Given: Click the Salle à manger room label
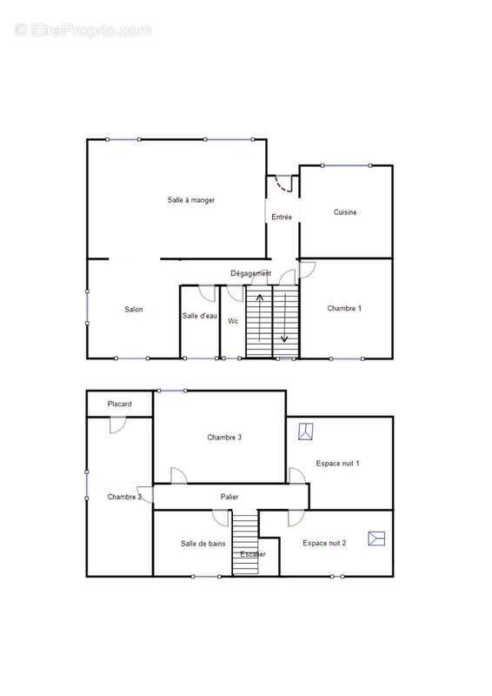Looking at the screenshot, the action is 190,200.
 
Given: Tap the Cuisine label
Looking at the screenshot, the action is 345,212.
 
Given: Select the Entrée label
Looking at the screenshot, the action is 282,217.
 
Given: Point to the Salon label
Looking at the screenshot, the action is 134,310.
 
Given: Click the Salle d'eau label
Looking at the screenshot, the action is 200,316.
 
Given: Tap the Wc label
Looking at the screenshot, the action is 233,320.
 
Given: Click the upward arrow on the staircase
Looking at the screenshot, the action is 260,317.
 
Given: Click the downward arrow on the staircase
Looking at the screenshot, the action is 284,318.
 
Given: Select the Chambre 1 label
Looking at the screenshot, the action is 344,308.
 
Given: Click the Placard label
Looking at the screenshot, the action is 119,404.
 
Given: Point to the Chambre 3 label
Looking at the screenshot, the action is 224,438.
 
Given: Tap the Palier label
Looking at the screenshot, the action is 229,497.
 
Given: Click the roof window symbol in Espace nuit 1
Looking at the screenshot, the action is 306,432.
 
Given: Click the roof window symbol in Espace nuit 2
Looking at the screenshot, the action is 376,539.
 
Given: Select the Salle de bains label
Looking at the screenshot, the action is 203,543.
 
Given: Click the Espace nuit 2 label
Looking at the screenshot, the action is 324,543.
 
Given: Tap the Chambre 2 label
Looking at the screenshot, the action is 124,497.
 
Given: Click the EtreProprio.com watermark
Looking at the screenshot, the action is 83,30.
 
